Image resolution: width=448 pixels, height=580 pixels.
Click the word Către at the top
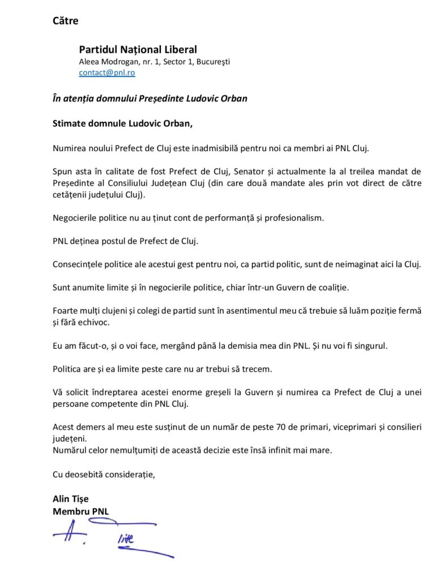tap(65, 22)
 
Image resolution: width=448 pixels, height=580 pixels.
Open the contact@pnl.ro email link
tap(106, 72)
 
